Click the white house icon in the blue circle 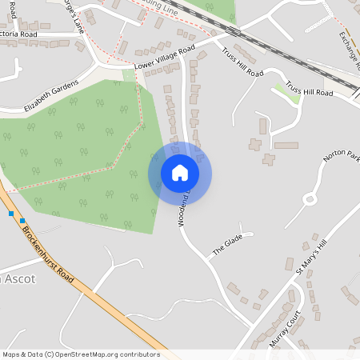pos(180,173)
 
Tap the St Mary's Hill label pos(311,258)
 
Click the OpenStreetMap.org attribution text pos(100,354)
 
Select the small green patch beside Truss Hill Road pos(286,87)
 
